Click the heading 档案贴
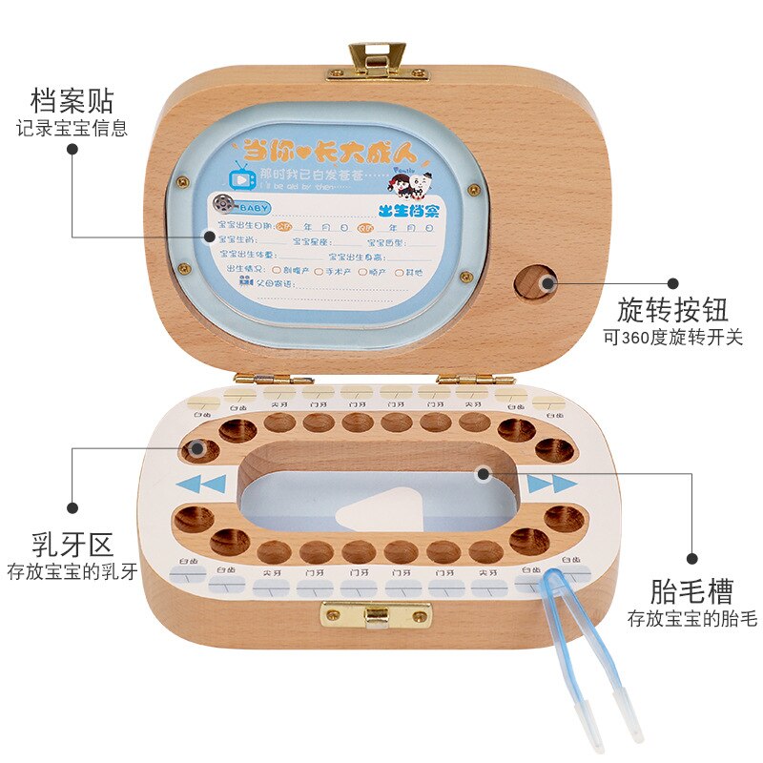(x=72, y=99)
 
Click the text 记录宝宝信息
(x=72, y=128)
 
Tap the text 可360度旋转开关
(x=672, y=338)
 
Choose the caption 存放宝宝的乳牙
(x=72, y=572)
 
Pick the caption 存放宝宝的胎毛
(x=691, y=619)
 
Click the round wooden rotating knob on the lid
(x=536, y=283)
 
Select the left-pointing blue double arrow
(x=202, y=483)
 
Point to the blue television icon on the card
(x=239, y=175)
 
